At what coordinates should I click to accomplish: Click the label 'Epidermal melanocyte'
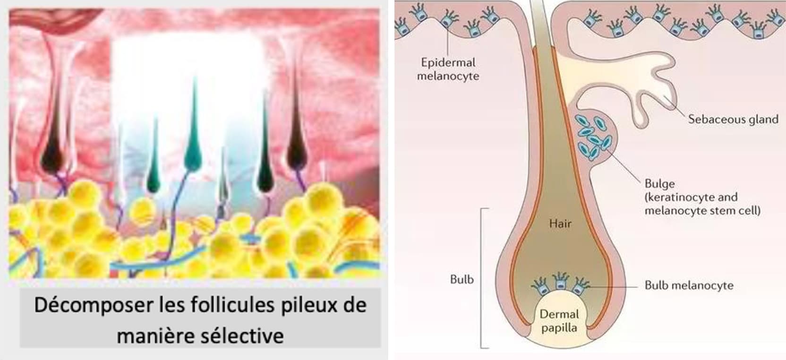coord(448,69)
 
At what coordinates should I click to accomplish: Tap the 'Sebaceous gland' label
coord(733,120)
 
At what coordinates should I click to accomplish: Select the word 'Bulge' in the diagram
coord(660,184)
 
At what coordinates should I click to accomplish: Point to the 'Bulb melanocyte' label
coord(689,285)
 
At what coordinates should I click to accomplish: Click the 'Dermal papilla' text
coord(559,321)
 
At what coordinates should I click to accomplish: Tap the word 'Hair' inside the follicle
coord(560,223)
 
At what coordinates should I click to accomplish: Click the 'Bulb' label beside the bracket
coord(462,279)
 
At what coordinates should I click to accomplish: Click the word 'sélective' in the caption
coord(242,336)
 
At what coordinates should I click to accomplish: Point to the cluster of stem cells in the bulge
coord(593,137)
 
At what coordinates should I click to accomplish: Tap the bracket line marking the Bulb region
coord(481,278)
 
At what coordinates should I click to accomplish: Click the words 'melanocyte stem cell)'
coord(702,211)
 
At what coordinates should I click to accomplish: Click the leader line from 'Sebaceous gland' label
coord(675,107)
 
